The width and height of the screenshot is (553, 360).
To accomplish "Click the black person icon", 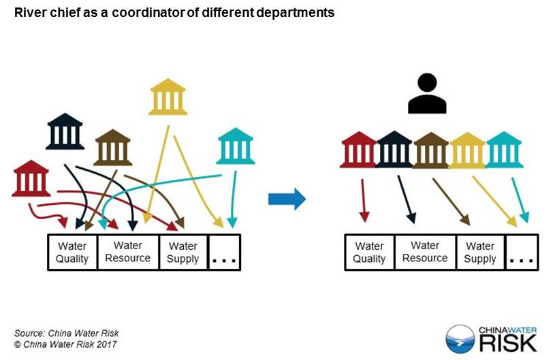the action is click(x=427, y=93).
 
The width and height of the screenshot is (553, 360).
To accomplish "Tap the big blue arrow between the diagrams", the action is click(x=287, y=199).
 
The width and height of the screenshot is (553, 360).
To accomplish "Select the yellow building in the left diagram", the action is click(x=168, y=97).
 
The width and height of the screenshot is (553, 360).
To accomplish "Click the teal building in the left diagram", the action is click(x=236, y=146).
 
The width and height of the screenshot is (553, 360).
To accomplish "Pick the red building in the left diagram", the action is click(x=31, y=178).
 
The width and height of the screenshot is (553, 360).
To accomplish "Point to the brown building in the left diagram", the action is click(x=113, y=147).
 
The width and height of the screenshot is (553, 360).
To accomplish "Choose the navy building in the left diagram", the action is click(x=65, y=131).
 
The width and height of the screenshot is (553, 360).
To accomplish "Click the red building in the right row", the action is click(x=359, y=150).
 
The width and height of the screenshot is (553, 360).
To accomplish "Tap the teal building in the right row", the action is click(x=504, y=150).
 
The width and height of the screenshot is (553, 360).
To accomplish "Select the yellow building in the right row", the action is click(x=467, y=150).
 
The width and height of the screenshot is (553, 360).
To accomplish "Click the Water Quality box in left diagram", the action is click(x=73, y=252).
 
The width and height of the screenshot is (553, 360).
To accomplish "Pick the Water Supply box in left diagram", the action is click(x=183, y=252).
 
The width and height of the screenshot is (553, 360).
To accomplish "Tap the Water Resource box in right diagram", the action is click(x=426, y=252).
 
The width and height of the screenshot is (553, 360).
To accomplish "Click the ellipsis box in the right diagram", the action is click(x=522, y=252).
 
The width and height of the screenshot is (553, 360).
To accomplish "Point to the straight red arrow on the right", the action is click(x=364, y=201).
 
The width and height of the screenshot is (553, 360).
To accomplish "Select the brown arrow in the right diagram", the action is click(x=451, y=201).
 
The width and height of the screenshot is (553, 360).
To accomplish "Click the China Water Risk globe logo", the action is click(x=460, y=338).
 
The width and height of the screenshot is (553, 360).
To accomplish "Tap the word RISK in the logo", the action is click(x=508, y=343).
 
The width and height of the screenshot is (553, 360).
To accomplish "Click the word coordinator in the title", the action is click(x=148, y=13).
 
